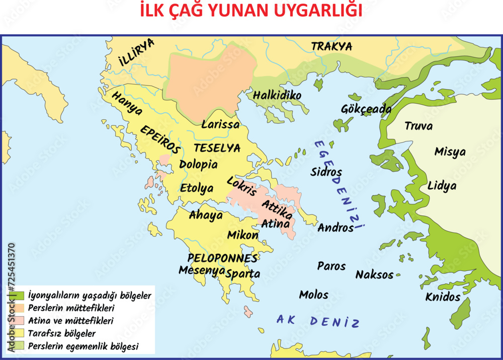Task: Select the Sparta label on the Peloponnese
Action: click(243, 274)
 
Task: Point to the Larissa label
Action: click(220, 124)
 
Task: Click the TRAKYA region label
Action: click(331, 47)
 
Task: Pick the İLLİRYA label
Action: click(136, 52)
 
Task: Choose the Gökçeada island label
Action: click(359, 109)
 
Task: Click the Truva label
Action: click(418, 126)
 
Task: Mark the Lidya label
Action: click(442, 186)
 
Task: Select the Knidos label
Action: click(443, 297)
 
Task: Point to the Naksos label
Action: click(374, 275)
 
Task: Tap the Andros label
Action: click(336, 228)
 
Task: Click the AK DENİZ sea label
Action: click(318, 321)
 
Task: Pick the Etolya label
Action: click(197, 188)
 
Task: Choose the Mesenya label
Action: click(202, 270)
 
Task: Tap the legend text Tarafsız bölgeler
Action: click(62, 333)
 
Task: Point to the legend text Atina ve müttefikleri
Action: click(70, 320)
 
